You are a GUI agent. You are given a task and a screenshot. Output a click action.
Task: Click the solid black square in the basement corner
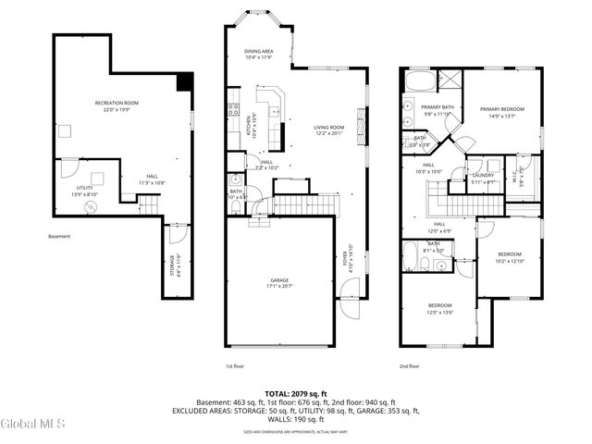pos(184,82)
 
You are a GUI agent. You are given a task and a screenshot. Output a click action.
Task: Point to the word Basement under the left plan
pos(59,236)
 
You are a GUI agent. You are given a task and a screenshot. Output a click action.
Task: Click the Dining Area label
pos(258,54)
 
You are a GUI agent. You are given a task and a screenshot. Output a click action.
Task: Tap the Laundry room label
pos(483,178)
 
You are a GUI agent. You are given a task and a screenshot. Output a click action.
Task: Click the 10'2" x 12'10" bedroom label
pos(511,257)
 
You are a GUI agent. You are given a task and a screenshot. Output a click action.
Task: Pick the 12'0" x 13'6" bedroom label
pos(439,308)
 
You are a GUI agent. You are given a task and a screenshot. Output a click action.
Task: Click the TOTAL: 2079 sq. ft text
pos(296,394)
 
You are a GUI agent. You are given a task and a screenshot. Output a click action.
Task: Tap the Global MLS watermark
pos(33,424)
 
